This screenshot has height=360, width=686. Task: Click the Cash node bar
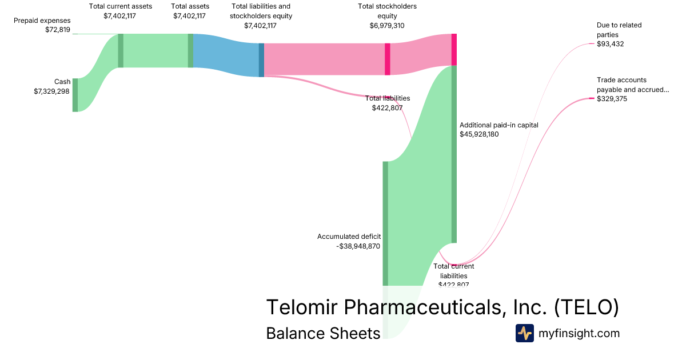pos(75,95)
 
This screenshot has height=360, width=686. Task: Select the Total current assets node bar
pos(121,50)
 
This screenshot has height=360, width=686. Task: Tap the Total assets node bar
pos(190,50)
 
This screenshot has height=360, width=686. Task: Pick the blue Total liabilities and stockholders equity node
pos(261,60)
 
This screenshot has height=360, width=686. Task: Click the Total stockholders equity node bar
pos(388,59)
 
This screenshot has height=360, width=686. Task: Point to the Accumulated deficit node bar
pos(385,223)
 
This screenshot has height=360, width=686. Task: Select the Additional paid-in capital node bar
pos(454,154)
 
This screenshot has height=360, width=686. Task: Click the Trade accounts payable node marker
pos(592,99)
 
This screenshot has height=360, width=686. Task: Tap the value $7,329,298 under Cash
pos(52,91)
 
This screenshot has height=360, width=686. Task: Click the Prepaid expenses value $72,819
pos(57,30)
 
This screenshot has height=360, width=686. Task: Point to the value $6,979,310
pos(387,25)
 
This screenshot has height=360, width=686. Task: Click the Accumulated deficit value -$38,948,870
pos(358,246)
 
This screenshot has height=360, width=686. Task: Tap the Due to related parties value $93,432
pos(610,43)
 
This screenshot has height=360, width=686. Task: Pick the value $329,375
pos(612,99)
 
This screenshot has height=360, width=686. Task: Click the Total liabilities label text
pos(388,98)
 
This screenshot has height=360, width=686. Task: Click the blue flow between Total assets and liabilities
pos(226,55)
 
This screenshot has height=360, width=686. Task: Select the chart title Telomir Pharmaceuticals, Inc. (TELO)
pos(442,307)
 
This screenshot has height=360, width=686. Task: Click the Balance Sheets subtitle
pos(323,333)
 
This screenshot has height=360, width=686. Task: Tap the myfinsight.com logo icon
pos(524,333)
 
